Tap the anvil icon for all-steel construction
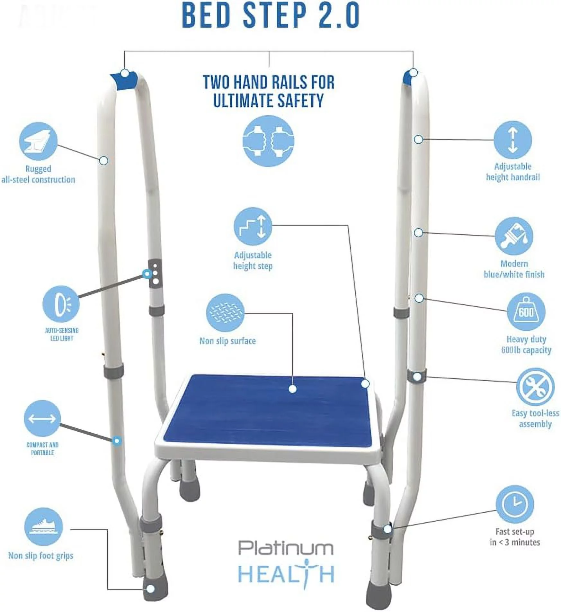pyautogui.click(x=38, y=141)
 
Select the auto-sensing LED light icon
pyautogui.click(x=61, y=304)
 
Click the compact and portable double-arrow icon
pyautogui.click(x=42, y=418)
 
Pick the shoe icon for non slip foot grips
pyautogui.click(x=43, y=526)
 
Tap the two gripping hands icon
pyautogui.click(x=268, y=141)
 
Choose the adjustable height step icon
pyautogui.click(x=253, y=226)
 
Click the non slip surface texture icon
pyautogui.click(x=225, y=313)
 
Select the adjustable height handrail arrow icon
pyautogui.click(x=512, y=140)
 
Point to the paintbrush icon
pyautogui.click(x=514, y=236)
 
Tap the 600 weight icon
pyautogui.click(x=526, y=311)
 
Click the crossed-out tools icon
pyautogui.click(x=535, y=387)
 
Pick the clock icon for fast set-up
pyautogui.click(x=515, y=504)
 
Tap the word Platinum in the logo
pyautogui.click(x=286, y=548)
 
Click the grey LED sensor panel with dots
pyautogui.click(x=155, y=273)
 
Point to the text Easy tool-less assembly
pyautogui.click(x=535, y=419)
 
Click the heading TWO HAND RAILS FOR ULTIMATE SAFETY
pyautogui.click(x=269, y=91)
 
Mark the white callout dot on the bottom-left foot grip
pyautogui.click(x=151, y=589)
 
